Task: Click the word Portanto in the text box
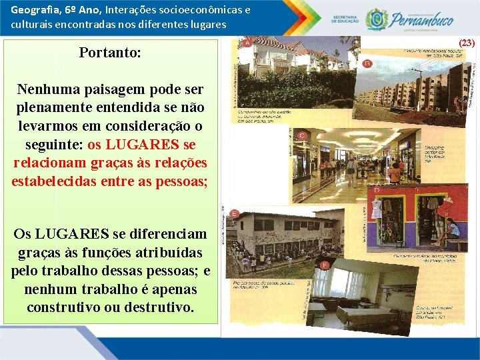click(110, 52)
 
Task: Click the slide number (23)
click(467, 43)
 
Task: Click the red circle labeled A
click(247, 43)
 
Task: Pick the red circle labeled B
click(367, 63)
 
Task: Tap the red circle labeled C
click(302, 136)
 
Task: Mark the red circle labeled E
click(234, 214)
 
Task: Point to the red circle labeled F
click(324, 265)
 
